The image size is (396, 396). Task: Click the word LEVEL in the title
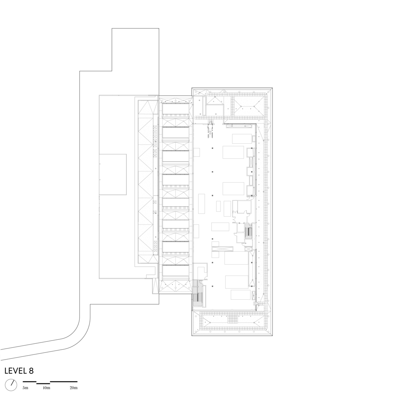(15, 371)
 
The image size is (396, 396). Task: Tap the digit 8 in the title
(31, 371)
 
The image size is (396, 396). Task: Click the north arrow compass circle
(11, 384)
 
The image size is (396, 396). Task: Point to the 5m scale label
(25, 388)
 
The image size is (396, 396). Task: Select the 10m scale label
(46, 388)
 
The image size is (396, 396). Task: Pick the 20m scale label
(73, 388)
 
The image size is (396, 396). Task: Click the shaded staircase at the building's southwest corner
(198, 295)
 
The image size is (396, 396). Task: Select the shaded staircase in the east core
(249, 231)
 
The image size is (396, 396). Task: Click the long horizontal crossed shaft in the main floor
(222, 249)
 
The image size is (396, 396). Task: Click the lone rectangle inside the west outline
(113, 174)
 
